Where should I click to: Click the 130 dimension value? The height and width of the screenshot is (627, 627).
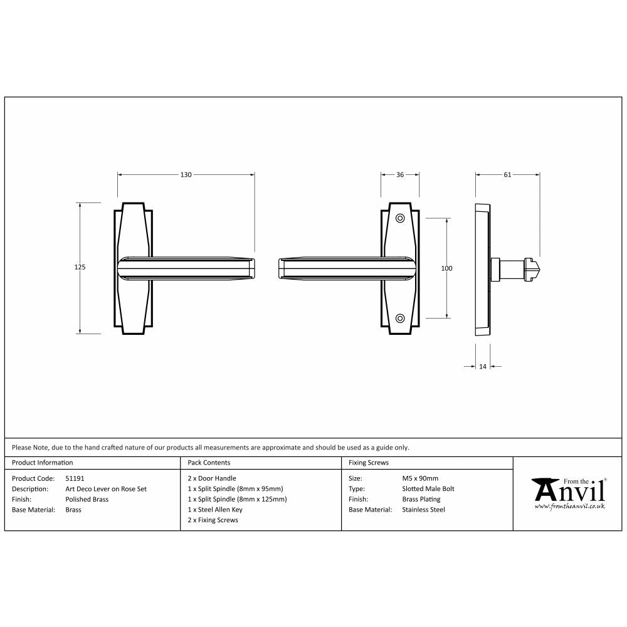[x=186, y=175]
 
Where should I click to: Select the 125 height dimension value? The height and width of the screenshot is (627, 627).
[x=80, y=267]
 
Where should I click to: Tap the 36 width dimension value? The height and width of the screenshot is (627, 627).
[x=399, y=175]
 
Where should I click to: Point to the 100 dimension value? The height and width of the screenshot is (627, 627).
[x=446, y=268]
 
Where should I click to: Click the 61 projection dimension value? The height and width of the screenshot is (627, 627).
[x=507, y=175]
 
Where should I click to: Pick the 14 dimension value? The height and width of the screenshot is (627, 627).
[x=482, y=366]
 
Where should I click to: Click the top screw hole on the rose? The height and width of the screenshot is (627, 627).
[x=400, y=218]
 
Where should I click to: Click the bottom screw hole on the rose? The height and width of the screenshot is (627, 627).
[x=400, y=318]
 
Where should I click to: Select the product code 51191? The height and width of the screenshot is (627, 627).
[x=75, y=478]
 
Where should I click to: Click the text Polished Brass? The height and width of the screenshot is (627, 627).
[x=87, y=499]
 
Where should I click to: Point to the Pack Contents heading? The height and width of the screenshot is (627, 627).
[x=209, y=463]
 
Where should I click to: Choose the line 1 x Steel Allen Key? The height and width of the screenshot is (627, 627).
[x=214, y=510]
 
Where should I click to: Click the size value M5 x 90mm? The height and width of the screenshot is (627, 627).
[x=421, y=478]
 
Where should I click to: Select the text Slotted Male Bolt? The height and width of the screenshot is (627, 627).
[x=428, y=489]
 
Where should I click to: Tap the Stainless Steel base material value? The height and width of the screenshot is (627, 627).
[x=423, y=510]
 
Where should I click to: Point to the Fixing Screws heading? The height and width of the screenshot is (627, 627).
[x=369, y=463]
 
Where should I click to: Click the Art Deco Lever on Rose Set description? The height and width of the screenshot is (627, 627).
[x=106, y=489]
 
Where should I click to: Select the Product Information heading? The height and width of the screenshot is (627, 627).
[x=43, y=463]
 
